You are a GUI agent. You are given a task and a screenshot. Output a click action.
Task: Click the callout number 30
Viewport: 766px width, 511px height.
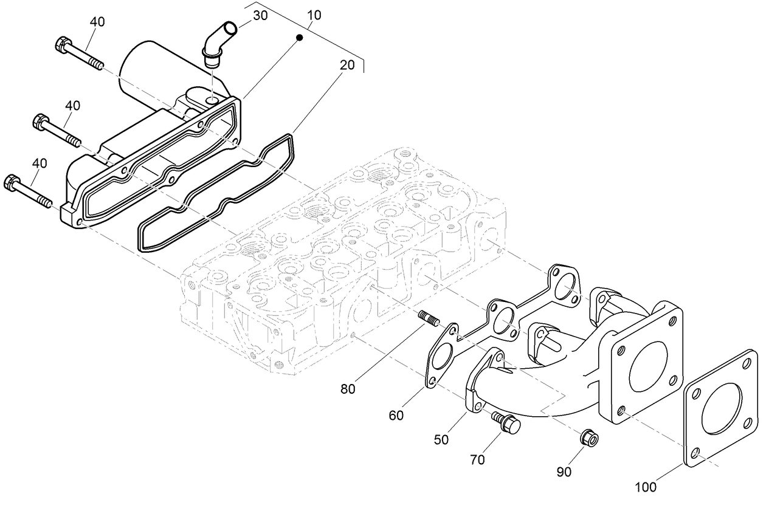(260, 15)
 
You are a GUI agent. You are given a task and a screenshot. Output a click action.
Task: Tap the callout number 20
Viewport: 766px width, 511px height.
(347, 66)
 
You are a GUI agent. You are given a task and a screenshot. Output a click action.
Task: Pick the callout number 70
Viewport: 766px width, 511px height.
(477, 460)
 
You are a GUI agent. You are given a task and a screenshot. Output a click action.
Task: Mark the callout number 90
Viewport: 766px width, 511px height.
(564, 472)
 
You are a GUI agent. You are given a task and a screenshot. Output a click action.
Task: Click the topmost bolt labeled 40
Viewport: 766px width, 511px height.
(79, 53)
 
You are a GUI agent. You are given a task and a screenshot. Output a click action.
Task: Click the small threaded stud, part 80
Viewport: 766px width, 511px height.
(429, 320)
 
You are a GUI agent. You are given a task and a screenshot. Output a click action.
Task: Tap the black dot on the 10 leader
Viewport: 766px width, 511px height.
(299, 38)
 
